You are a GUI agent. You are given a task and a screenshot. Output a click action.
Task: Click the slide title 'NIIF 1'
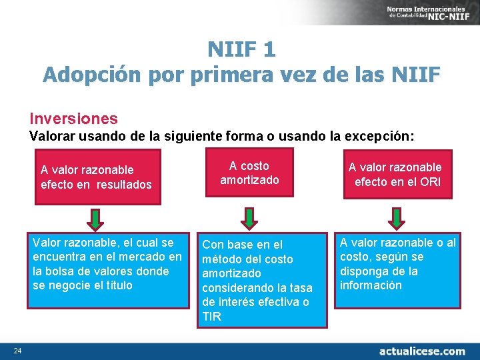coord(241,49)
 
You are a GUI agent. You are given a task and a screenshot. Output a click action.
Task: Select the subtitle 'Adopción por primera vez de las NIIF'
coord(241,75)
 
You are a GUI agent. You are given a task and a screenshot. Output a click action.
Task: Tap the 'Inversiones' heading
coord(73,119)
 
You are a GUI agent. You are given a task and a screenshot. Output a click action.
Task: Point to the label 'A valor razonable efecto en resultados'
coord(96,177)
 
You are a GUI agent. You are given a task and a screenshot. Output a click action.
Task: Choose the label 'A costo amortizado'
coord(249,173)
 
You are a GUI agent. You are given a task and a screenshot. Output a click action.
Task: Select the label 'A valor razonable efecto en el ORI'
coord(395,174)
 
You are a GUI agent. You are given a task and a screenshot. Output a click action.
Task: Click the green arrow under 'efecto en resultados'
coord(97,218)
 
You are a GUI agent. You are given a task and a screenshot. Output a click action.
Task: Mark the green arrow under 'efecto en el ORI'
coord(394,218)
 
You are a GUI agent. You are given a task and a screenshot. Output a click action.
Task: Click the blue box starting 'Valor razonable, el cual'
coord(106,270)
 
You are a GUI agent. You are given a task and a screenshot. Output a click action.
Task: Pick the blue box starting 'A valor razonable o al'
coord(397,270)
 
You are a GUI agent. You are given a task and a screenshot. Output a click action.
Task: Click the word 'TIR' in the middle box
coord(212,317)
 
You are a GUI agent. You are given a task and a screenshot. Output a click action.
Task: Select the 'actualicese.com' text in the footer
coord(422,351)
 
